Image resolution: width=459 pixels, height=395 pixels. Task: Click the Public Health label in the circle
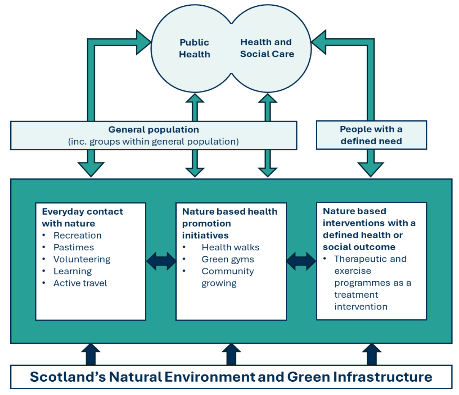point(194,48)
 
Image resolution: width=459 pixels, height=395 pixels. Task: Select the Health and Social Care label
point(267,48)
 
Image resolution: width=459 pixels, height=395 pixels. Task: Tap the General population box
point(154,135)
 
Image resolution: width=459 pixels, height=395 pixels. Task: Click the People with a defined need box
point(371,135)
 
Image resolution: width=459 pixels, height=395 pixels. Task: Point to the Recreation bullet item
point(78,235)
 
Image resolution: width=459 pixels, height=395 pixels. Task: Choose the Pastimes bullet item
point(74,247)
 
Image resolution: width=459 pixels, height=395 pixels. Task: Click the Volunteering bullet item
point(82,259)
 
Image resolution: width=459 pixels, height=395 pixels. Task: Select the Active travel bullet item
point(80,283)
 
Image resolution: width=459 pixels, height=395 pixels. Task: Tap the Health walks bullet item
point(230,248)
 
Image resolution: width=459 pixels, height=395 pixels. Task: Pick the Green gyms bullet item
point(228,259)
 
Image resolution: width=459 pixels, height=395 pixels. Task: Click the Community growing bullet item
point(227,277)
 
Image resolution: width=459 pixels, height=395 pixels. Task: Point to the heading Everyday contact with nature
point(82,217)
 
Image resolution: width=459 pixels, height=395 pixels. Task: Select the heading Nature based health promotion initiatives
point(230,223)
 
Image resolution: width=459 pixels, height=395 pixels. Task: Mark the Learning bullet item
point(73,272)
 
